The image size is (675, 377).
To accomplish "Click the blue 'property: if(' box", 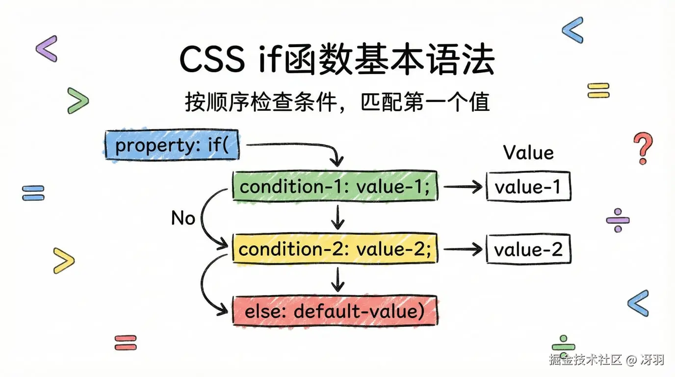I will (x=172, y=145).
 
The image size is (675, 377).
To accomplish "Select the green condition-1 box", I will (x=335, y=187).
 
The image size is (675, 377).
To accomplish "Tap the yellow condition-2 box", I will (x=335, y=249).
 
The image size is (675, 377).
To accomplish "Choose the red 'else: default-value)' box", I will (x=335, y=311).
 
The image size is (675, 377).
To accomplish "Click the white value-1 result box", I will (x=528, y=187).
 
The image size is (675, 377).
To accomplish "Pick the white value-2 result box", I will (x=528, y=249).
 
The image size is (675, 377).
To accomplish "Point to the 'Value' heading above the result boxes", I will (x=528, y=153).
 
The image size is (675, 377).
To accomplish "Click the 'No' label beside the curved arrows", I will (x=183, y=218).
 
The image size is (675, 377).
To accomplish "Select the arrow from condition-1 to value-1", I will (x=462, y=187).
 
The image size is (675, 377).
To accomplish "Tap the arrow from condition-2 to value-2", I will (x=462, y=249).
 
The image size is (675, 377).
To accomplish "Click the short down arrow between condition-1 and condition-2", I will (x=337, y=217).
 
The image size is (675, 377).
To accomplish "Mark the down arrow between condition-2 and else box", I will (x=337, y=280).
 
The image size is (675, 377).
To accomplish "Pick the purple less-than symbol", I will (x=47, y=49).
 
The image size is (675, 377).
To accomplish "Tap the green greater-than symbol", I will (x=78, y=101).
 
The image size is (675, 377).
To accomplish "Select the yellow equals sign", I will (x=598, y=90).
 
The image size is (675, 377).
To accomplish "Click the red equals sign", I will (x=126, y=342).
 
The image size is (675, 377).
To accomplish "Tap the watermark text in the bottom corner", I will (x=606, y=360).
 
